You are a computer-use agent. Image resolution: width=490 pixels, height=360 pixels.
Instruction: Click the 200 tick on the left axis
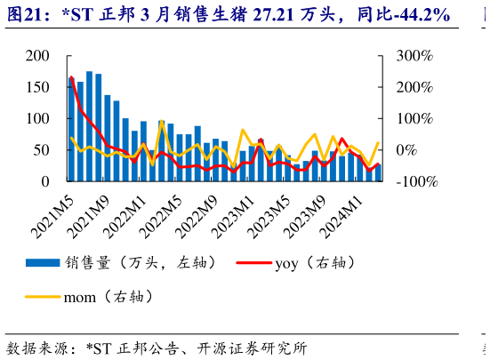36,56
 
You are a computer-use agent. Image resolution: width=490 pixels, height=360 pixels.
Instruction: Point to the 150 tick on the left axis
36,87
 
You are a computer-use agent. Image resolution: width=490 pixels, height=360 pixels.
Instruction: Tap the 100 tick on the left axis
36,118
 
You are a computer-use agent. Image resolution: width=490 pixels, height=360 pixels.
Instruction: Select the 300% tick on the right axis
414,56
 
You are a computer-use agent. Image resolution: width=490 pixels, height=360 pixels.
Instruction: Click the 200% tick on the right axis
414,87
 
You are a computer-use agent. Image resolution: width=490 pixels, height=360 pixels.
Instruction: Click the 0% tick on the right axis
406,150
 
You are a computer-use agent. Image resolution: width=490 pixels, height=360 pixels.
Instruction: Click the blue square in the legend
41,262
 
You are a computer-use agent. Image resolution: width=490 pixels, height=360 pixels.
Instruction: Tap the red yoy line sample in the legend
253,262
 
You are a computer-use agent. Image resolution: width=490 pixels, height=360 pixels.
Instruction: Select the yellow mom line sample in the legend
41,296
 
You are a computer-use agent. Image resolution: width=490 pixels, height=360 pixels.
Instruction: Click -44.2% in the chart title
416,15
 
